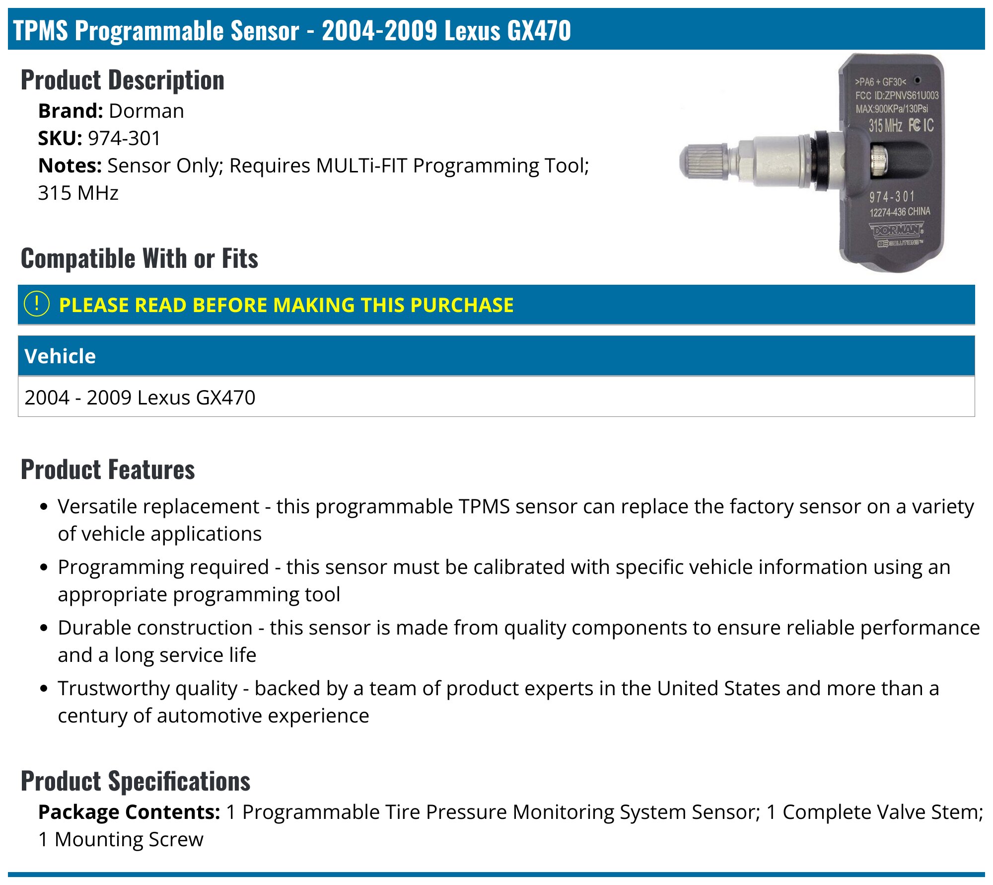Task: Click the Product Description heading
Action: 122,80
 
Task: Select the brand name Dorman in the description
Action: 146,111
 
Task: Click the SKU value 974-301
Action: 124,139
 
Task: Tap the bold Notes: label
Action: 70,166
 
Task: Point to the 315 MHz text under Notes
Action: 78,193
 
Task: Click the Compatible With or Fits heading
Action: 139,258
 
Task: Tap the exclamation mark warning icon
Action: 37,304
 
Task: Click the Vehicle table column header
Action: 60,356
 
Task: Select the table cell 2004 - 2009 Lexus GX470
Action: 140,398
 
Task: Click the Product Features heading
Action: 108,470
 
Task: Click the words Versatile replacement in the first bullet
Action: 158,507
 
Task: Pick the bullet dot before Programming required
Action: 44,567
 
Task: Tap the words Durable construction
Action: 155,628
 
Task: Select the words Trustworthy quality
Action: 147,689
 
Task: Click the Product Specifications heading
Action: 135,781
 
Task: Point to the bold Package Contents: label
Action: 129,812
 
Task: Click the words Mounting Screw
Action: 129,840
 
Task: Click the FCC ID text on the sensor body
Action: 897,95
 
